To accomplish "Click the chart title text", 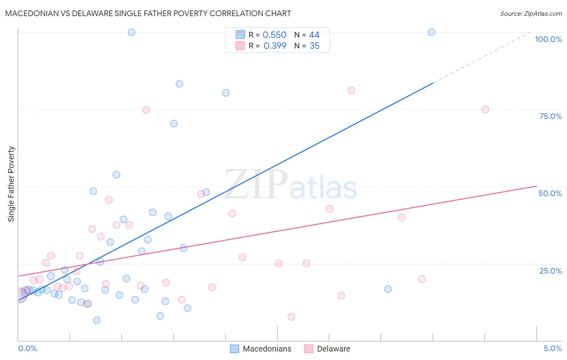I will tap(148, 13).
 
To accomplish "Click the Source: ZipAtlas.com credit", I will tap(531, 13).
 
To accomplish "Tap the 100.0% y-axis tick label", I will tap(548, 39).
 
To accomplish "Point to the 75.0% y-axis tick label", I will tap(550, 116).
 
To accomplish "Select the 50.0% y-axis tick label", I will tap(550, 193).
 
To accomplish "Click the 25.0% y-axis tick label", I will tap(550, 271).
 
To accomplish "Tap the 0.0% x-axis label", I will tap(27, 348).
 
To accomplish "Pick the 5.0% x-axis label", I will tap(552, 348).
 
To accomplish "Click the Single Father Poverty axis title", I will tap(11, 184).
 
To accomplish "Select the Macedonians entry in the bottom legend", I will tap(267, 349).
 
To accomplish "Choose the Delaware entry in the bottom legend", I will tap(333, 349).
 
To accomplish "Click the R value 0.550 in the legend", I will tap(274, 35).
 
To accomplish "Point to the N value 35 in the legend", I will tap(315, 46).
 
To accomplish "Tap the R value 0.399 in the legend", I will tap(275, 46).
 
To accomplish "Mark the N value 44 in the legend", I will tap(314, 35).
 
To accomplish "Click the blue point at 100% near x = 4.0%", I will tap(432, 32).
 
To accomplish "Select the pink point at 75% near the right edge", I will tap(486, 110).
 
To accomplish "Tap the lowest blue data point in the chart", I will tap(97, 320).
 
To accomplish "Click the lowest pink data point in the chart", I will tap(291, 317).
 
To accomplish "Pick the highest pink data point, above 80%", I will tap(351, 90).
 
